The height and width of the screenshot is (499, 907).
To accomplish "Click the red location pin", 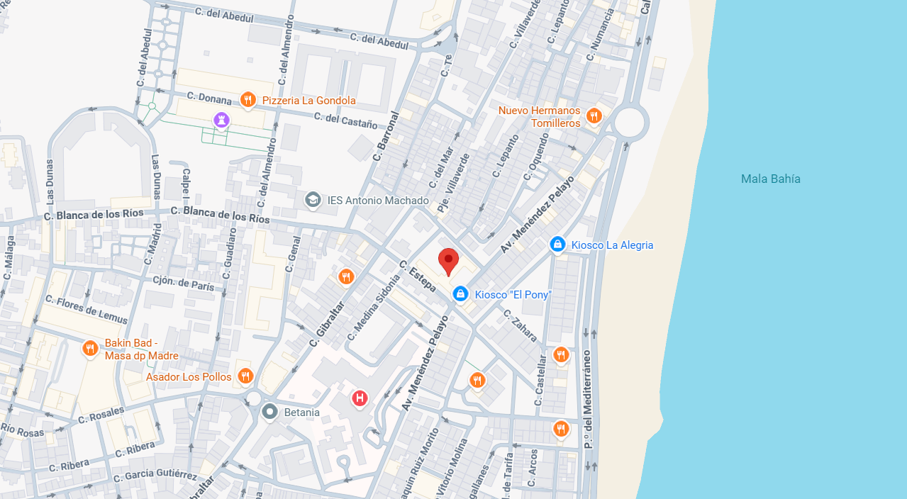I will coord(448,261).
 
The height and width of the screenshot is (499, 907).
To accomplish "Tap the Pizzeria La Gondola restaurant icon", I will coord(247,100).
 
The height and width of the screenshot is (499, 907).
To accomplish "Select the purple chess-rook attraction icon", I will coord(223,120).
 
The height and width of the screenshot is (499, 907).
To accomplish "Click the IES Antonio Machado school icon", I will coord(312,201).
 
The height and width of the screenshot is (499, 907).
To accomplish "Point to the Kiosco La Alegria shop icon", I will coord(557,245).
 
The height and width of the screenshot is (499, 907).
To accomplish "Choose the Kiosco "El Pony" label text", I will coord(513,294).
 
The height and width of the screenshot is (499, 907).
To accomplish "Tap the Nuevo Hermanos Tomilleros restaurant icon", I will coord(594,116).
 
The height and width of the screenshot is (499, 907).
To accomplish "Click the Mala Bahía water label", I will coord(770,179).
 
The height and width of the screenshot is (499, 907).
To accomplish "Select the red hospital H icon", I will coord(360,398).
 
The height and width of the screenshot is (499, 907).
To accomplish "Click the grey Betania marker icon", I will coord(269,412).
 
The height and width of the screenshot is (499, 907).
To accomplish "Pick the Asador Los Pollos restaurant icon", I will coord(245,376).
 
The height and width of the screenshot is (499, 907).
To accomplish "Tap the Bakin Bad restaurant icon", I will coord(89,348).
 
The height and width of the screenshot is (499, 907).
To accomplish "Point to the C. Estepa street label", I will coord(416,276).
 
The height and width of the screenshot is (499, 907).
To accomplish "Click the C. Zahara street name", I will coord(521,325).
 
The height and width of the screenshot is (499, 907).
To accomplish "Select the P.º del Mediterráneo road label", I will coord(587,398).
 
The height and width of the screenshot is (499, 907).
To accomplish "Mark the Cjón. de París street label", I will coord(183,283).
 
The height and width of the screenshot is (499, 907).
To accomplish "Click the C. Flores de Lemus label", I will coord(87,309).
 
